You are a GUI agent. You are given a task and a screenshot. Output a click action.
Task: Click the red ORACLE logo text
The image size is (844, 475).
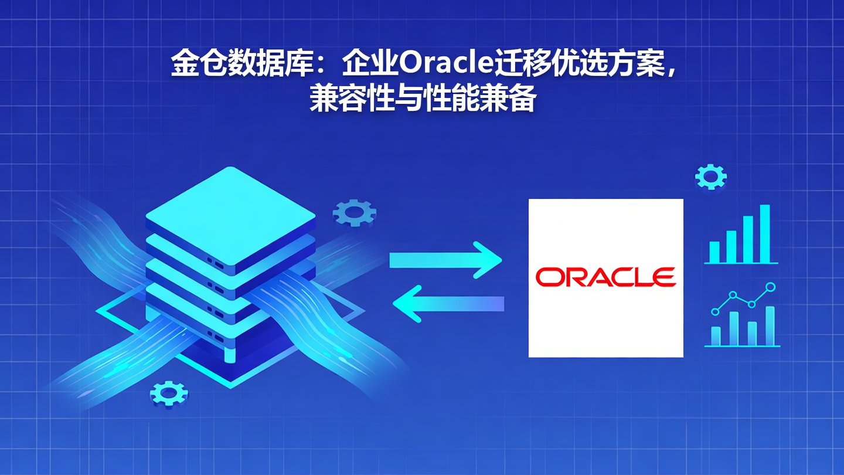[x=605, y=277]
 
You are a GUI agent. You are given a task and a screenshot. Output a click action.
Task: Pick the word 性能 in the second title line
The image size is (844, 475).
[x=446, y=98]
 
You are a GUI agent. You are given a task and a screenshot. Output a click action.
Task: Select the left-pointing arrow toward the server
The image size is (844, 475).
[x=448, y=303]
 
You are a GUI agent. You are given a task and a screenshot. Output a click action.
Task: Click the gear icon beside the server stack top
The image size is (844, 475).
[x=354, y=213]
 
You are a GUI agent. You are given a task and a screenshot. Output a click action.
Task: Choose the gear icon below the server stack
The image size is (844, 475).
[x=168, y=393]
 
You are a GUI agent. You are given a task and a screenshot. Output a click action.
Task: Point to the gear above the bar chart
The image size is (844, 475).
[x=710, y=176]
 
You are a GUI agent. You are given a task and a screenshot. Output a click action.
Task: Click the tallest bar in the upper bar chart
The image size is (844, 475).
[x=764, y=233]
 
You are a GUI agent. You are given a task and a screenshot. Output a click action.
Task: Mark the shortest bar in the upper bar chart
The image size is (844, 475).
[x=714, y=252]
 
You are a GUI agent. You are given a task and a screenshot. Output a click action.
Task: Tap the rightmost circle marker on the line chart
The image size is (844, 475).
[x=771, y=287]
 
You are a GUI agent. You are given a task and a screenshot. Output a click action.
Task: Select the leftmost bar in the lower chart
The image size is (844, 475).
[x=715, y=335]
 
